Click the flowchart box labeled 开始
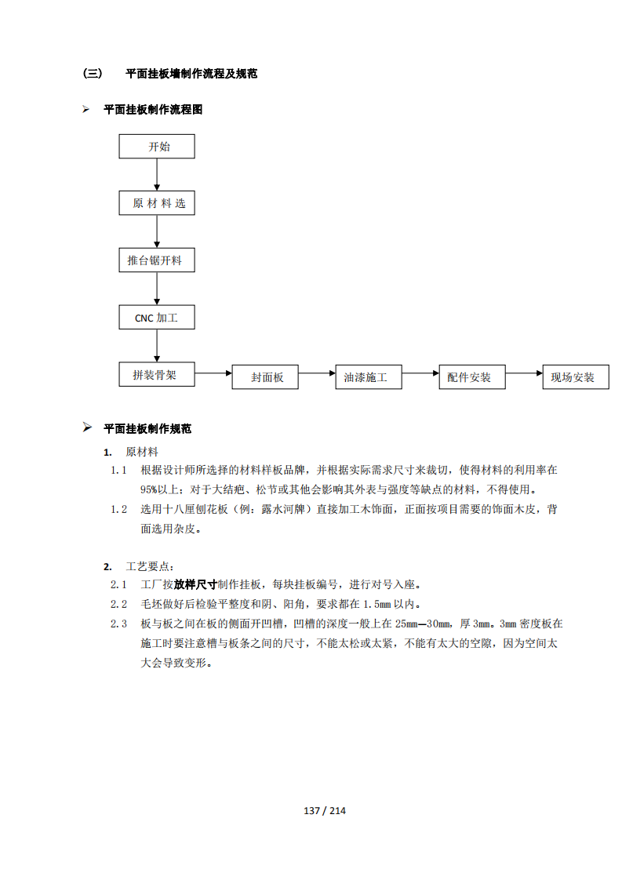[157, 147]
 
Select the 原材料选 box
[157, 203]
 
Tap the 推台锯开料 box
[157, 260]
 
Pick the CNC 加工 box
[157, 318]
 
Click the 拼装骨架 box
[157, 374]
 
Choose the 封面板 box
[265, 377]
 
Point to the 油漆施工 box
[369, 377]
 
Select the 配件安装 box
[472, 377]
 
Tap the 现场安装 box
[576, 377]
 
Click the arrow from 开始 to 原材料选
[157, 175]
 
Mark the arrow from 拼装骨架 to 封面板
[213, 373]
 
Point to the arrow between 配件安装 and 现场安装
[524, 373]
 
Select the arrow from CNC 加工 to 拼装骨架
[157, 346]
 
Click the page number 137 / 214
[325, 810]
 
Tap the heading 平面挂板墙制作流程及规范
[191, 74]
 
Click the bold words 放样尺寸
[195, 585]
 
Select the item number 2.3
[118, 624]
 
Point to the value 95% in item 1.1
[148, 490]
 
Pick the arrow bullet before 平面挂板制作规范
[87, 427]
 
